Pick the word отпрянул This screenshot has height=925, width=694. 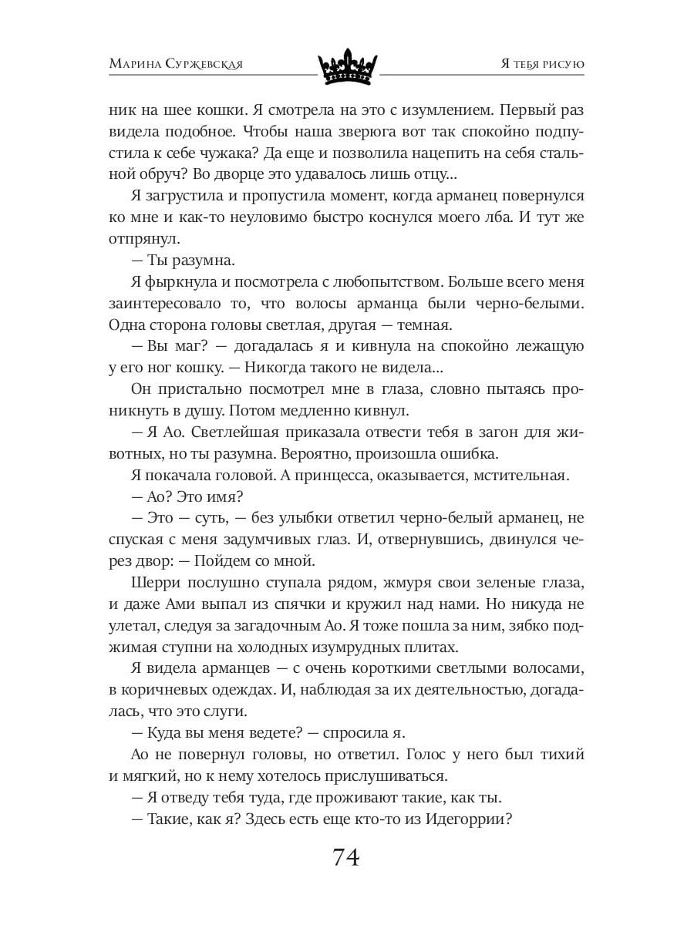coord(145,238)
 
